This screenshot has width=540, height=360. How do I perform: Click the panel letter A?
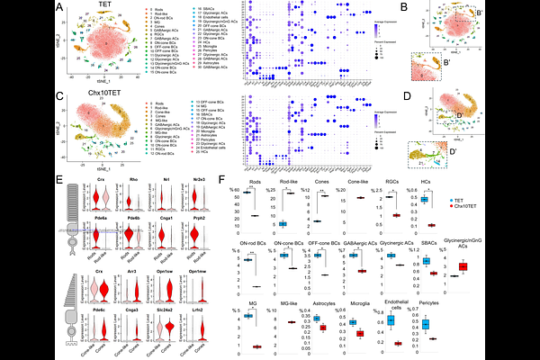click(59, 8)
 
